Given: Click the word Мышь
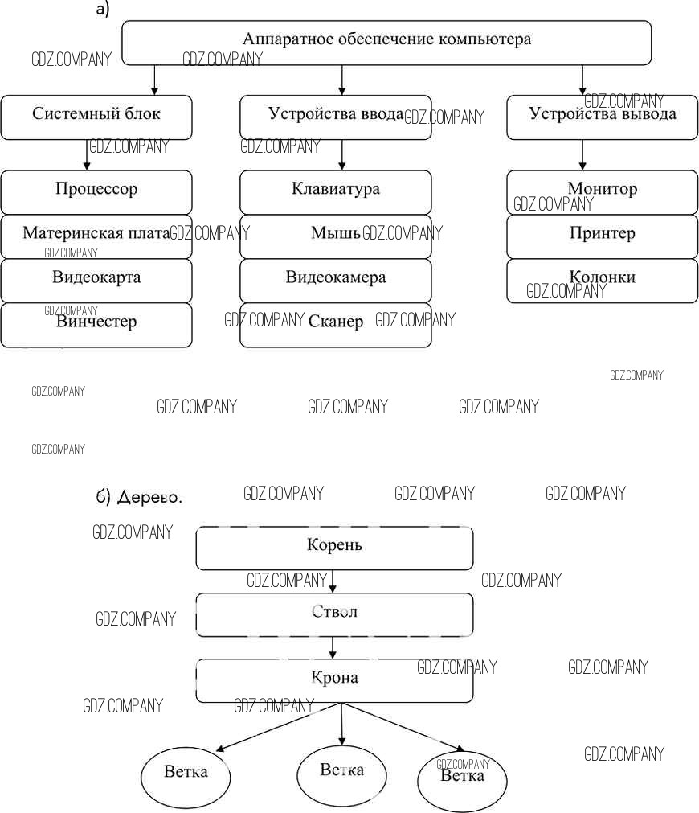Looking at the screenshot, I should (335, 234).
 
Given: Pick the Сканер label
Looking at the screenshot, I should (336, 322).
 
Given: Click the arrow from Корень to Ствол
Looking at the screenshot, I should (333, 581).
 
